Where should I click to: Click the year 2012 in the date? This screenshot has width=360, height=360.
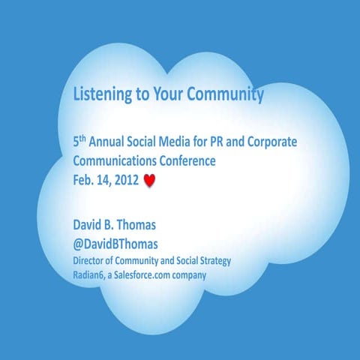point(123,180)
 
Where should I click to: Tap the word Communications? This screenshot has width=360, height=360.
point(112,160)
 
